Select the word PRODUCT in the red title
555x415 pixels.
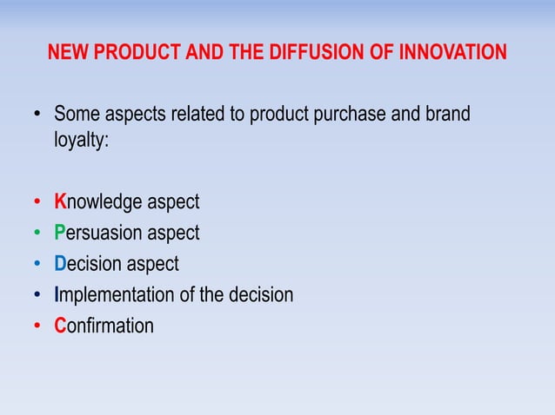(x=123, y=54)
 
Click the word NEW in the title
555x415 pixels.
(x=65, y=54)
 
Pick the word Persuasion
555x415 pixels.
(x=97, y=234)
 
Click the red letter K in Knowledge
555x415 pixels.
(x=60, y=202)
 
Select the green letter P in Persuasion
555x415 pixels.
(x=60, y=234)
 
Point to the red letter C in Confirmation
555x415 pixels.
(x=60, y=326)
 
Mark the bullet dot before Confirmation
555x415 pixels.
(x=37, y=327)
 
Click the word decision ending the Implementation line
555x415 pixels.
(x=262, y=295)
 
